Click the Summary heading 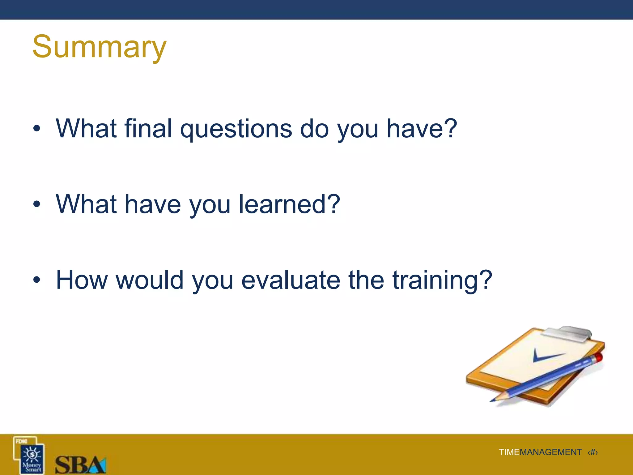pyautogui.click(x=99, y=47)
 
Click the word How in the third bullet pyautogui.click(x=82, y=280)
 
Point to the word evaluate pyautogui.click(x=291, y=280)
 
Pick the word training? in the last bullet pyautogui.click(x=442, y=281)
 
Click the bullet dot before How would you pyautogui.click(x=37, y=280)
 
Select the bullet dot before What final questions pyautogui.click(x=37, y=129)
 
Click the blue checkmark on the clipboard pyautogui.click(x=546, y=356)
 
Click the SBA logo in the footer pyautogui.click(x=80, y=464)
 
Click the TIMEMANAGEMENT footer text pyautogui.click(x=540, y=452)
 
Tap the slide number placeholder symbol pyautogui.click(x=593, y=452)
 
